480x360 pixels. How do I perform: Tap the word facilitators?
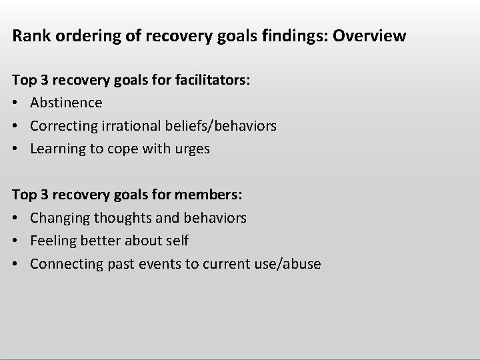click(x=211, y=80)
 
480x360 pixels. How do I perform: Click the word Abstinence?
click(x=66, y=103)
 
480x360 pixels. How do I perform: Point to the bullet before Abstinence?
click(x=17, y=103)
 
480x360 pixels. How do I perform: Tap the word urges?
click(x=193, y=149)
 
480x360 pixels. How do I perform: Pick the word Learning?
click(x=57, y=149)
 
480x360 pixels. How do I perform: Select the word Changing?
click(x=59, y=218)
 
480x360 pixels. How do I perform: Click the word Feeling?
click(x=52, y=241)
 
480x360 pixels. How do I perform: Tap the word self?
click(x=177, y=241)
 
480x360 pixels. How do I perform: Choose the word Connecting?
click(x=64, y=264)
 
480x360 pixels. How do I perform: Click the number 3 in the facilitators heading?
click(x=43, y=80)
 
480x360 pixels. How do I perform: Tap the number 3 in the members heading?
click(x=43, y=195)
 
